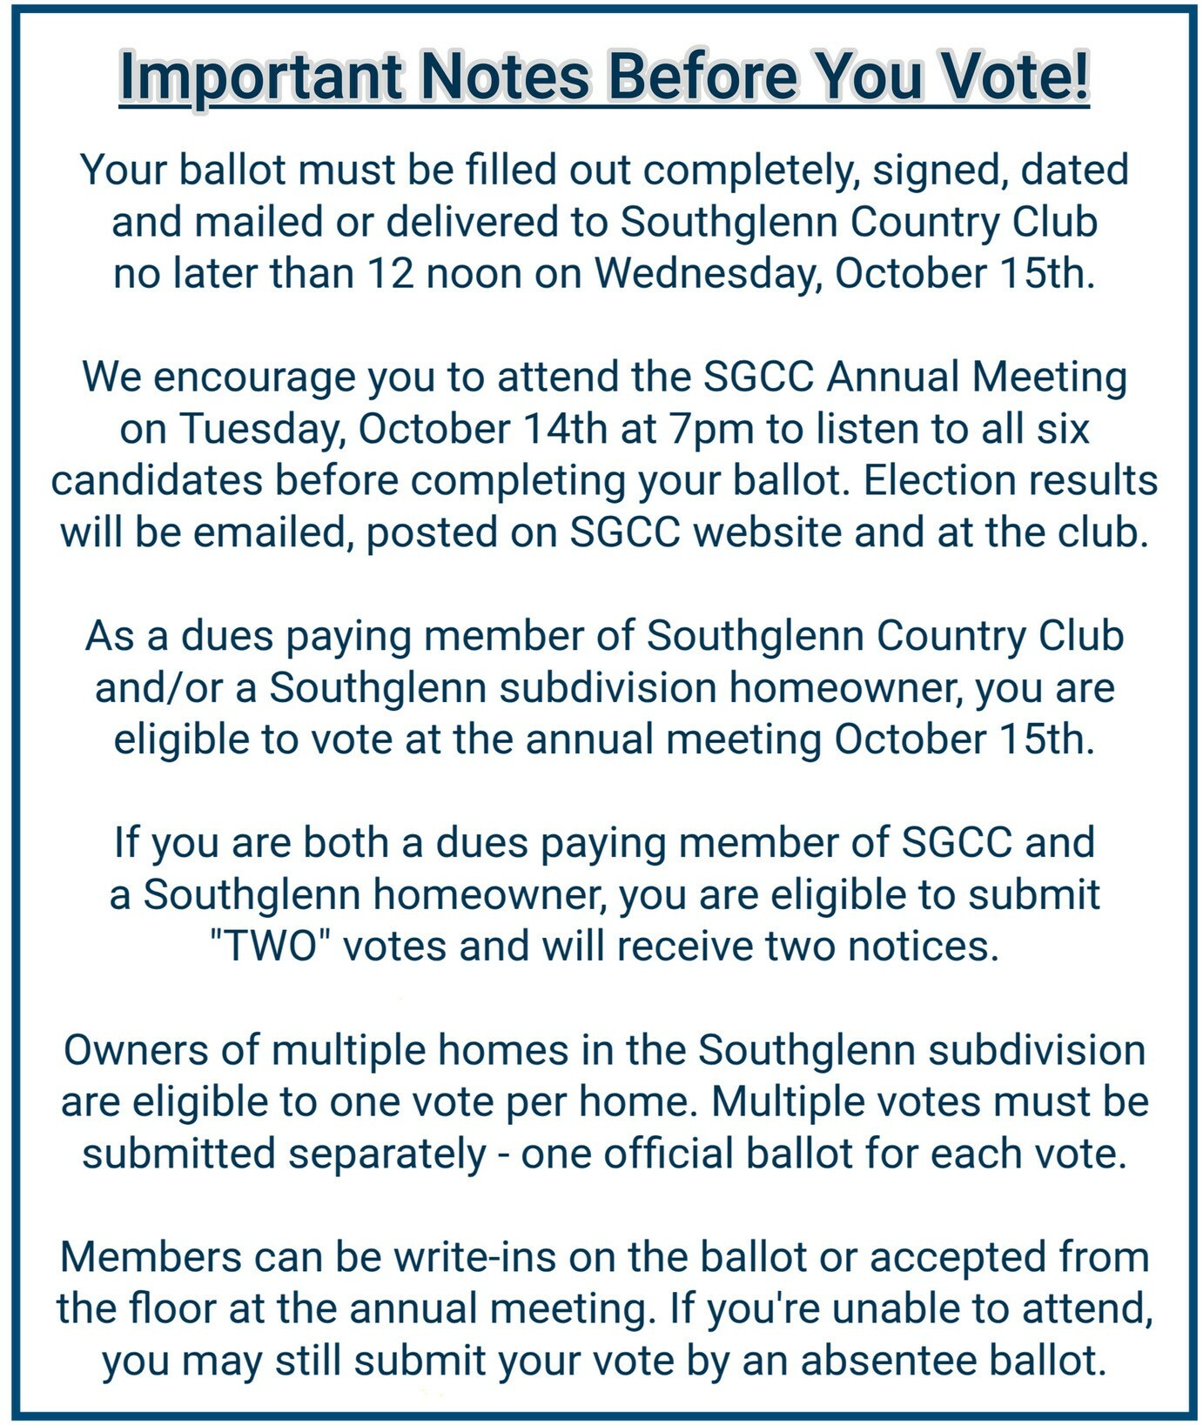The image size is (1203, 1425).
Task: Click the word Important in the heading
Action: click(x=259, y=77)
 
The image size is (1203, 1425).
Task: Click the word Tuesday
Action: click(x=258, y=430)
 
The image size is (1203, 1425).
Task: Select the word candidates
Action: click(x=157, y=481)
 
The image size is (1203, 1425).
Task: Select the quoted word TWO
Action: click(x=273, y=947)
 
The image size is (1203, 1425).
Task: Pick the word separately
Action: click(x=387, y=1154)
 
